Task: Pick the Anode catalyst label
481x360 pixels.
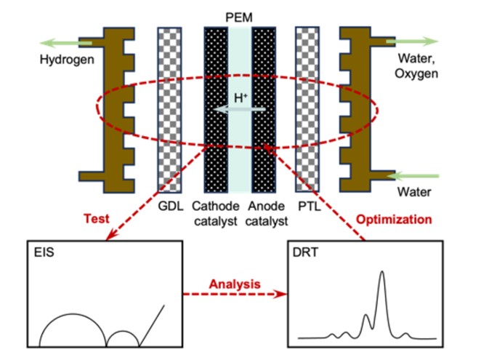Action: tap(268, 212)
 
